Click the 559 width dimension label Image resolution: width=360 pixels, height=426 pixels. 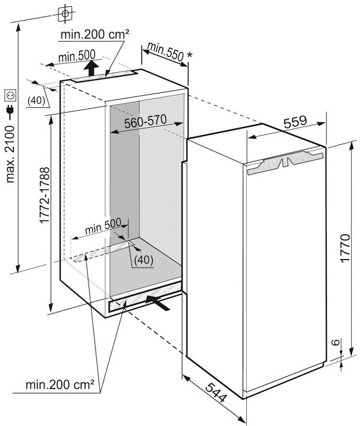296,122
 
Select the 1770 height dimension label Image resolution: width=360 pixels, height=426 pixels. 345,248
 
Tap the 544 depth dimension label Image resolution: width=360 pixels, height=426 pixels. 216,392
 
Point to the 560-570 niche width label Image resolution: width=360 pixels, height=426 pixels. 145,122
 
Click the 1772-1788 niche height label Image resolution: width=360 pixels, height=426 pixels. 45,195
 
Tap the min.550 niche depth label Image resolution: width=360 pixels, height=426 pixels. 166,52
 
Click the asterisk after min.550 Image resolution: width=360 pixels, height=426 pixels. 190,55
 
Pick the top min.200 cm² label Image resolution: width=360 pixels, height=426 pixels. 95,34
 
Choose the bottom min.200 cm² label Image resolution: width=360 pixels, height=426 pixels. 60,384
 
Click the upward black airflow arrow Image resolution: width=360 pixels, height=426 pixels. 92,68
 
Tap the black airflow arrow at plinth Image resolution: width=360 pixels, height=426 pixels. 158,303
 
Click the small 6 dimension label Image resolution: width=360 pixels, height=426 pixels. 336,342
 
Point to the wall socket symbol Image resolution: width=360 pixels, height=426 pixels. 10,95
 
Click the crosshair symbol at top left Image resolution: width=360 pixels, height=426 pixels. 65,14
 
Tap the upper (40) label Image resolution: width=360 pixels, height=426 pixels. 36,101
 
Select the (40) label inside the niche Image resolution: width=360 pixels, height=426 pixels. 144,260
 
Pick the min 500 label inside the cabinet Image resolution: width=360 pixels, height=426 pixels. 103,226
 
